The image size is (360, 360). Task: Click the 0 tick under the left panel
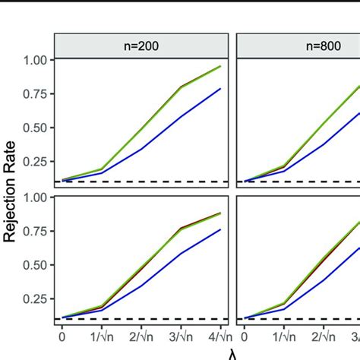(x=62, y=336)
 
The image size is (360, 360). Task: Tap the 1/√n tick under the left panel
(x=101, y=336)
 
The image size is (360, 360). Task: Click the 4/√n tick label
(x=219, y=336)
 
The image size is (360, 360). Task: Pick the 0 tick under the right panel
(x=244, y=336)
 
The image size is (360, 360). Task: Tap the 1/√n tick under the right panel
(x=283, y=336)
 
